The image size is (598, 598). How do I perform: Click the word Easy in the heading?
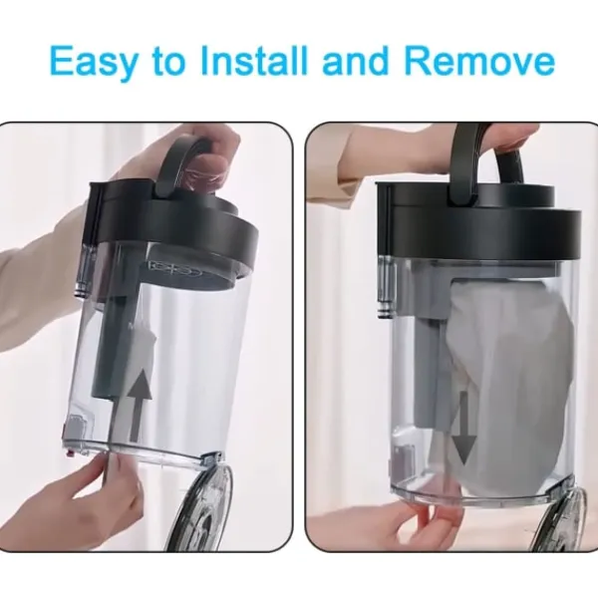click(x=94, y=62)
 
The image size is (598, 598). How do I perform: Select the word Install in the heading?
click(x=253, y=60)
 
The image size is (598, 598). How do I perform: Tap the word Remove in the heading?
click(x=479, y=60)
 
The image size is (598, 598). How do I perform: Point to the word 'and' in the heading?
click(x=358, y=60)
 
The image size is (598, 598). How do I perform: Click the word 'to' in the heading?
click(x=168, y=61)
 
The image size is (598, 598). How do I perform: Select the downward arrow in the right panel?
click(x=463, y=428)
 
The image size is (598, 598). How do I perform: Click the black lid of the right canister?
click(x=478, y=225)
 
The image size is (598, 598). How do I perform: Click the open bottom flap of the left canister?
click(x=201, y=503)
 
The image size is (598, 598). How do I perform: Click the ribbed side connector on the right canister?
click(x=385, y=286)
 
